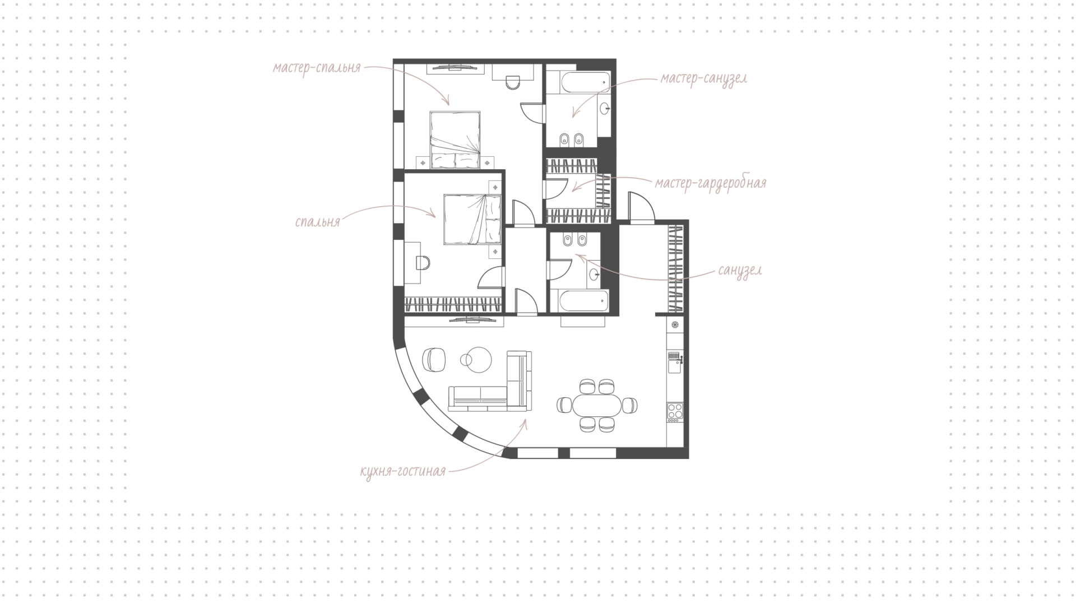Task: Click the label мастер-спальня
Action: [x=317, y=68]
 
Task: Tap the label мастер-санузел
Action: [x=703, y=78]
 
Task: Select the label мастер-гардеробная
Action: [x=711, y=183]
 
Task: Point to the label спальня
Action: [x=318, y=222]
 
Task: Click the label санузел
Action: [x=740, y=271]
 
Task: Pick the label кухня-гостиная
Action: [x=403, y=471]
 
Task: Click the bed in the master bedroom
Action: [x=455, y=140]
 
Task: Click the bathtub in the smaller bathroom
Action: [x=583, y=301]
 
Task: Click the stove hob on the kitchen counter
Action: [x=675, y=412]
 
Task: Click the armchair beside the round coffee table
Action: [x=434, y=359]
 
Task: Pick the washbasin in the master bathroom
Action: [x=605, y=109]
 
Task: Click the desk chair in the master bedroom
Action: [x=513, y=83]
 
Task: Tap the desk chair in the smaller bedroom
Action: [x=424, y=262]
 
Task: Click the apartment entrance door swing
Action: [x=642, y=207]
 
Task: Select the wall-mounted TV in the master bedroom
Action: [x=455, y=68]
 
